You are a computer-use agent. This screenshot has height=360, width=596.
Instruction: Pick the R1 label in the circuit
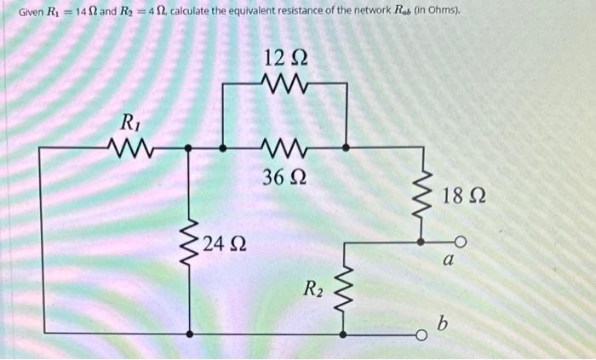point(129,122)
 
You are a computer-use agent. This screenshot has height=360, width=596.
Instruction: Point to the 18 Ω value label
point(464,197)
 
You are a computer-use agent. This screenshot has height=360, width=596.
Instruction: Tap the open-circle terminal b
point(421,332)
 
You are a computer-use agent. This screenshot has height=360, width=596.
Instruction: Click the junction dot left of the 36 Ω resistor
point(223,147)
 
